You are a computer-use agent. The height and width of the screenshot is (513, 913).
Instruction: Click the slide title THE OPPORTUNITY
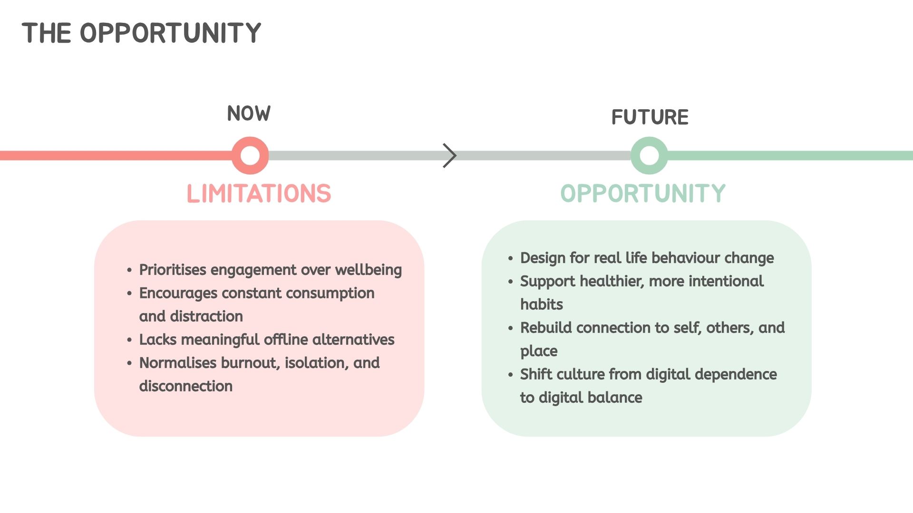[141, 33]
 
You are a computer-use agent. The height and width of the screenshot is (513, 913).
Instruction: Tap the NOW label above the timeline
[249, 114]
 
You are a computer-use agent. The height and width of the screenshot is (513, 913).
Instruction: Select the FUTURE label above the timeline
[650, 117]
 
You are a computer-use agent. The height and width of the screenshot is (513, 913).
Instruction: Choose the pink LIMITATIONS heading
[259, 194]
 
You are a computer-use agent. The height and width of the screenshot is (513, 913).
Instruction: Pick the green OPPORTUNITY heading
[643, 194]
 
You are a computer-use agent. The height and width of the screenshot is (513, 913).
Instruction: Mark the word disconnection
[186, 386]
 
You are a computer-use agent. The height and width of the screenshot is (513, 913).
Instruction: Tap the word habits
[542, 304]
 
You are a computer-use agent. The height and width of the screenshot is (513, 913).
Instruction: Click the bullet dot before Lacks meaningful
[129, 340]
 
